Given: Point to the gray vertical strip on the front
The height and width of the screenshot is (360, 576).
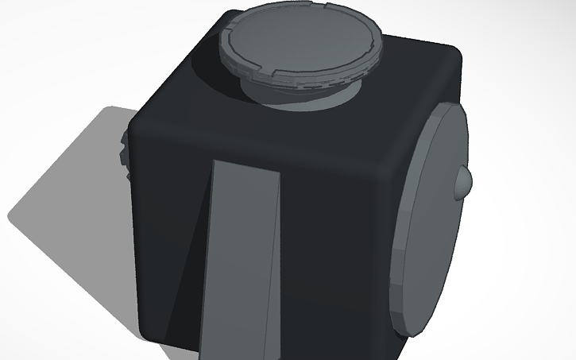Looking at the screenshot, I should tap(242, 262).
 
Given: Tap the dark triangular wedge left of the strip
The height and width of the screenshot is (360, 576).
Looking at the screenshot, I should tap(187, 294).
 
